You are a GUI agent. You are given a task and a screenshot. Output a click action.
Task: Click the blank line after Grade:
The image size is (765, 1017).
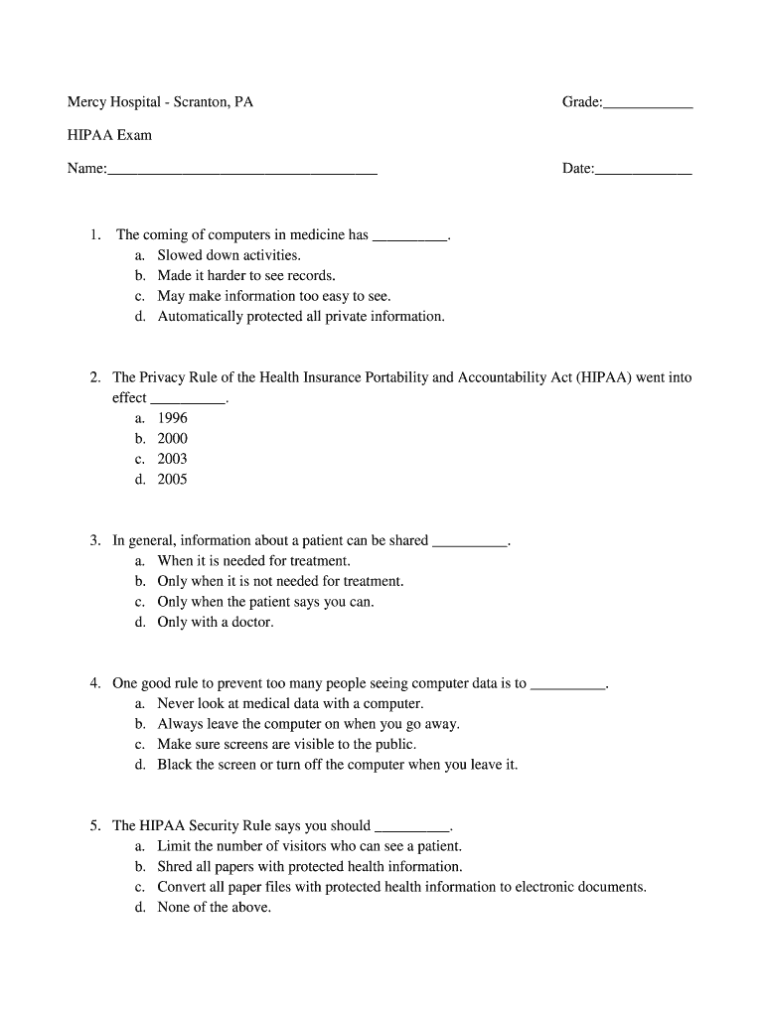pyautogui.click(x=647, y=103)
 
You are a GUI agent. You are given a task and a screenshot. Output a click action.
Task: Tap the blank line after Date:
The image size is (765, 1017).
pyautogui.click(x=642, y=171)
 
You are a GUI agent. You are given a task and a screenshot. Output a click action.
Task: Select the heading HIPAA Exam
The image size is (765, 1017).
pyautogui.click(x=109, y=135)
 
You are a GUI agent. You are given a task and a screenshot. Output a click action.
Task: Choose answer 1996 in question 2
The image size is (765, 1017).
pyautogui.click(x=172, y=418)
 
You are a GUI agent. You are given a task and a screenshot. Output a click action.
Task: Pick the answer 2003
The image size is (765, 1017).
pyautogui.click(x=172, y=459)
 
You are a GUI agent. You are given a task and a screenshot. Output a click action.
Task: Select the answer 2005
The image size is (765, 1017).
pyautogui.click(x=172, y=480)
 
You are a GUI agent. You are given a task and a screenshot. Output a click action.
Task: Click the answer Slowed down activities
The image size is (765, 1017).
pyautogui.click(x=229, y=255)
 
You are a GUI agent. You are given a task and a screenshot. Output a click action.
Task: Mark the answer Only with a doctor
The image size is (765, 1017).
pyautogui.click(x=215, y=623)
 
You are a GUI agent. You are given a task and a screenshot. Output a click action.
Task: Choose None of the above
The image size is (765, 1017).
pyautogui.click(x=214, y=908)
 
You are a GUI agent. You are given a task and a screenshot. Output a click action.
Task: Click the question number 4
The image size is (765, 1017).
pyautogui.click(x=94, y=683)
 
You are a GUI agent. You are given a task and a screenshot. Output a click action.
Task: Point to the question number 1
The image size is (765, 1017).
pyautogui.click(x=94, y=235)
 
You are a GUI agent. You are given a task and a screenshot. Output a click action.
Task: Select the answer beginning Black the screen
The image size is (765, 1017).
pyautogui.click(x=337, y=765)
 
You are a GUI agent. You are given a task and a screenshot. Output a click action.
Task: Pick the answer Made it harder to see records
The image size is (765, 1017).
pyautogui.click(x=246, y=276)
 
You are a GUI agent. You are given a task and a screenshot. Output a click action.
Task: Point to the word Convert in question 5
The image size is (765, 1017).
pyautogui.click(x=182, y=887)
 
